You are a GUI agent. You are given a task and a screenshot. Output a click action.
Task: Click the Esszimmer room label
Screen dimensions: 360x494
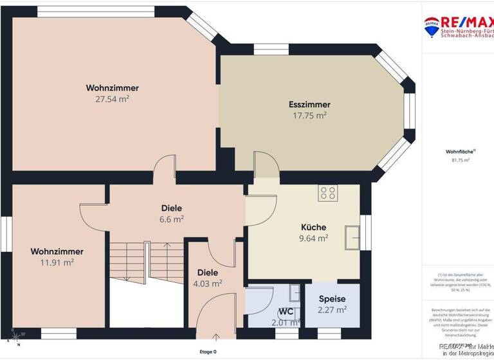click(309, 104)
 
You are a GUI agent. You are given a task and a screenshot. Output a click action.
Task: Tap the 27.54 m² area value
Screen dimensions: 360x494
click(113, 99)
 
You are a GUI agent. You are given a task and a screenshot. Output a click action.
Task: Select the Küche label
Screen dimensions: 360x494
click(314, 227)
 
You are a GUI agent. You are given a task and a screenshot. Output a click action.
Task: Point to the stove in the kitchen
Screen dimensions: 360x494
click(327, 193)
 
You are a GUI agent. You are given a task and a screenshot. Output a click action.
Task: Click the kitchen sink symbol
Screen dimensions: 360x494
click(352, 237)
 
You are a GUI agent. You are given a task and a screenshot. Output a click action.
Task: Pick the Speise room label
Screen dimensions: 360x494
click(333, 299)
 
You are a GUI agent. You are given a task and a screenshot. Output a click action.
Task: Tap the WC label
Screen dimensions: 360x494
click(286, 312)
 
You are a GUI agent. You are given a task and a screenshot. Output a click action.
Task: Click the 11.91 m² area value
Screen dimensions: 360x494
click(57, 262)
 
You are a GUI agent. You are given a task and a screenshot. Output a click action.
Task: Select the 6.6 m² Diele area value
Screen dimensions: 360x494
click(172, 219)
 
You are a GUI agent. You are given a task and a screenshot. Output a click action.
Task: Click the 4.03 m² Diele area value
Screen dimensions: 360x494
click(208, 283)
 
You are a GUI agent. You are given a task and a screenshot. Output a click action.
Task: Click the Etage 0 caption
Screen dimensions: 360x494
click(208, 352)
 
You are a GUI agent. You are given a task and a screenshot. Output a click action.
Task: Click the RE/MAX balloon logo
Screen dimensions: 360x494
click(432, 26)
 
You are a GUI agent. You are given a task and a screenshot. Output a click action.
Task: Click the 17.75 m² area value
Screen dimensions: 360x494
click(309, 115)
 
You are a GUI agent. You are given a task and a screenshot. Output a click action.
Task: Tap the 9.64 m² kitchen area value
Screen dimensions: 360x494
click(314, 238)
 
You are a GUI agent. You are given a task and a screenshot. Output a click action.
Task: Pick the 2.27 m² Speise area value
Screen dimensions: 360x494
click(333, 309)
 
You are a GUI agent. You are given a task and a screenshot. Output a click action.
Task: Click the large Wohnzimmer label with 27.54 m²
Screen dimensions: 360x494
click(113, 88)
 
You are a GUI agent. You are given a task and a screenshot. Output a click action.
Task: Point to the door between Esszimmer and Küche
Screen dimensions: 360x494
click(264, 165)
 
